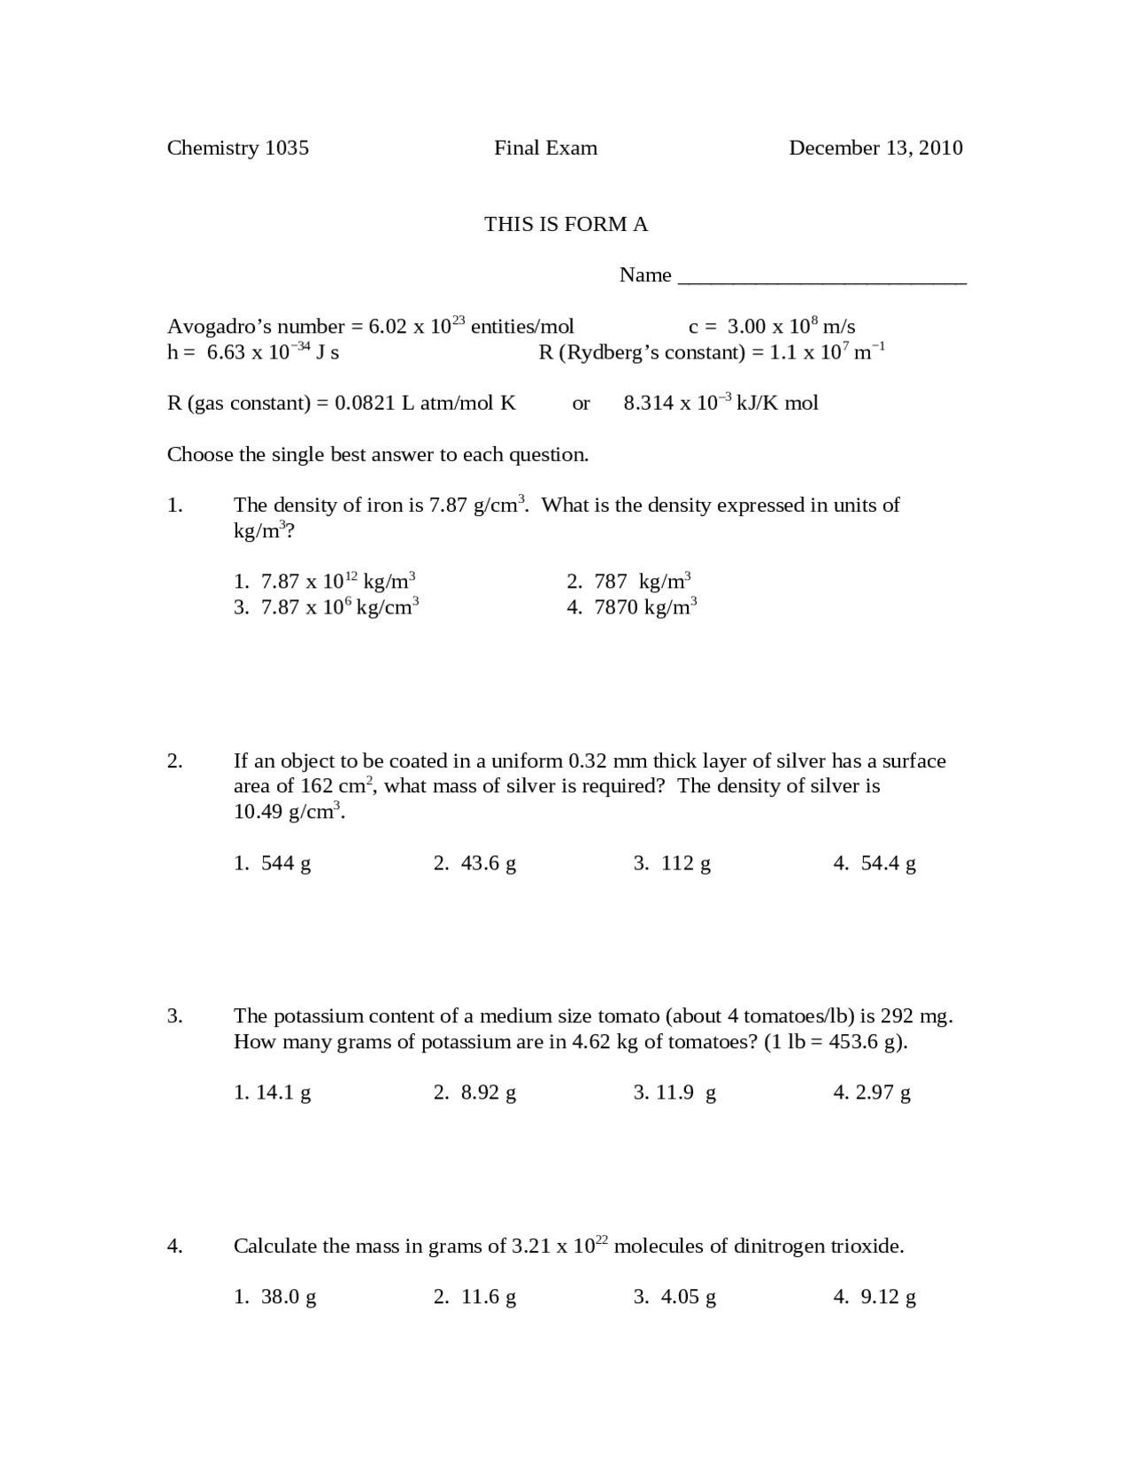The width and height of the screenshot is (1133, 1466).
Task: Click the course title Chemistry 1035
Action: coord(237,148)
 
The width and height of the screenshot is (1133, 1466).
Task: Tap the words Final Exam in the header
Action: coord(545,148)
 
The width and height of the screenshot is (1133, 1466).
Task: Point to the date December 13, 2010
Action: coord(875,148)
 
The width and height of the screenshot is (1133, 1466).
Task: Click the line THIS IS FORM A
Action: coord(566,224)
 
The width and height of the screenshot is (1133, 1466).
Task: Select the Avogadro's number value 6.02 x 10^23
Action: coord(416,326)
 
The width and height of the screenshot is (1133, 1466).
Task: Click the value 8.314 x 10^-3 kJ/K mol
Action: coord(721,403)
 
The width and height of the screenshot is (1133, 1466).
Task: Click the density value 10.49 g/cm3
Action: coord(287,811)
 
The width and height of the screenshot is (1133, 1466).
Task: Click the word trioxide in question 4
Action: coord(867,1246)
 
